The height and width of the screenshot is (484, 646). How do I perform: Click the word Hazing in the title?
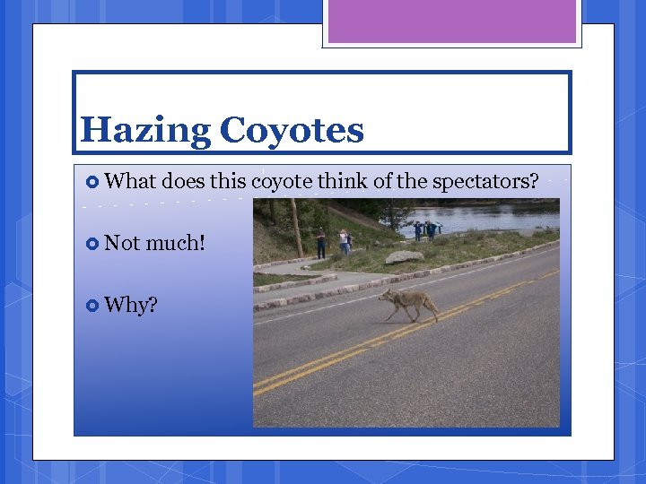pyautogui.click(x=144, y=131)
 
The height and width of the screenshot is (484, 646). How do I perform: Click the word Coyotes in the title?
pyautogui.click(x=292, y=131)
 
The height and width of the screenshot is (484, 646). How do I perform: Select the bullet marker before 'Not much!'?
pyautogui.click(x=92, y=243)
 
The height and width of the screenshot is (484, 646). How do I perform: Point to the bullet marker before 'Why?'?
pyautogui.click(x=92, y=306)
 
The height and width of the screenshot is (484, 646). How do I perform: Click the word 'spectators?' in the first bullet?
pyautogui.click(x=485, y=182)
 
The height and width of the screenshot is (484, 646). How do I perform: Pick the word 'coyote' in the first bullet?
pyautogui.click(x=282, y=182)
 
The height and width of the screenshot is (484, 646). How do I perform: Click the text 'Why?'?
pyautogui.click(x=131, y=306)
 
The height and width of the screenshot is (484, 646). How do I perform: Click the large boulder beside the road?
pyautogui.click(x=404, y=257)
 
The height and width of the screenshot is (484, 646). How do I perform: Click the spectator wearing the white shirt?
pyautogui.click(x=344, y=240)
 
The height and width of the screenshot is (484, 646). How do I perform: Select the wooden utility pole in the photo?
pyautogui.click(x=295, y=228)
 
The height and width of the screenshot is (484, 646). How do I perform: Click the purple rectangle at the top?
pyautogui.click(x=451, y=22)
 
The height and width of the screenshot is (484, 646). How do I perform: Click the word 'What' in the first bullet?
pyautogui.click(x=131, y=182)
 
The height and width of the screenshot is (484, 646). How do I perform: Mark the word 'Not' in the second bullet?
pyautogui.click(x=122, y=243)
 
